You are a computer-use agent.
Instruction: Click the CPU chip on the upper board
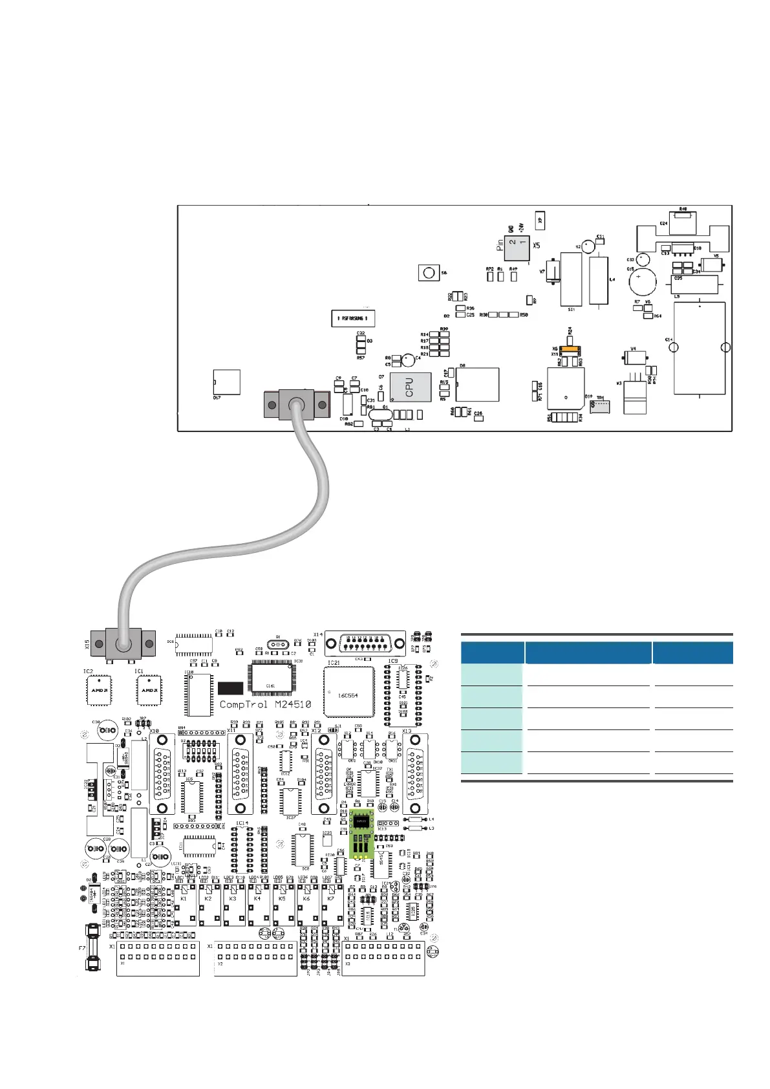pyautogui.click(x=410, y=387)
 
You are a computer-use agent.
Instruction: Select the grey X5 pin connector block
pyautogui.click(x=517, y=246)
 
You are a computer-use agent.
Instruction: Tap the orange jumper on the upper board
pyautogui.click(x=569, y=349)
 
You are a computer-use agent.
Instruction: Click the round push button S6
pyautogui.click(x=428, y=272)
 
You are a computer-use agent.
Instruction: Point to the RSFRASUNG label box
pyautogui.click(x=352, y=318)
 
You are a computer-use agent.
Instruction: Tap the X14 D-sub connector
pyautogui.click(x=365, y=644)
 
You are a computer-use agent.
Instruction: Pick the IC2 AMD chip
pyautogui.click(x=99, y=690)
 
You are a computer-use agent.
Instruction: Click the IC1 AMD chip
pyautogui.click(x=149, y=690)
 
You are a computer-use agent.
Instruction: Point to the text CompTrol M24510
pyautogui.click(x=265, y=704)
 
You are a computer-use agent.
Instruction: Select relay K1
pyautogui.click(x=185, y=905)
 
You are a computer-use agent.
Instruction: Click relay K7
pyautogui.click(x=332, y=905)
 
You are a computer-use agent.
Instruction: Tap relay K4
pyautogui.click(x=258, y=905)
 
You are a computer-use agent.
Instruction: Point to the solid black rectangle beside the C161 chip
pyautogui.click(x=230, y=689)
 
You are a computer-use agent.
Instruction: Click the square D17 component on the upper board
pyautogui.click(x=227, y=382)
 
